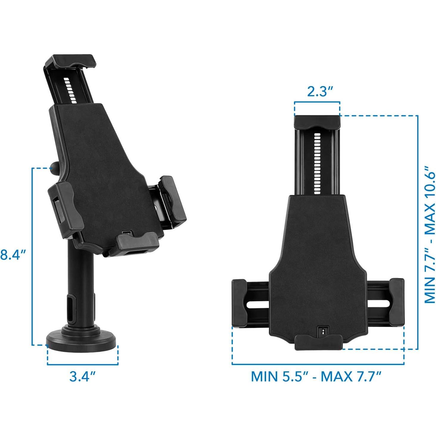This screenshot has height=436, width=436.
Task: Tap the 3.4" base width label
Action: tap(83, 376)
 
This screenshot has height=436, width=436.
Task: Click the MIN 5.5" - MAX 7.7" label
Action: tap(316, 376)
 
